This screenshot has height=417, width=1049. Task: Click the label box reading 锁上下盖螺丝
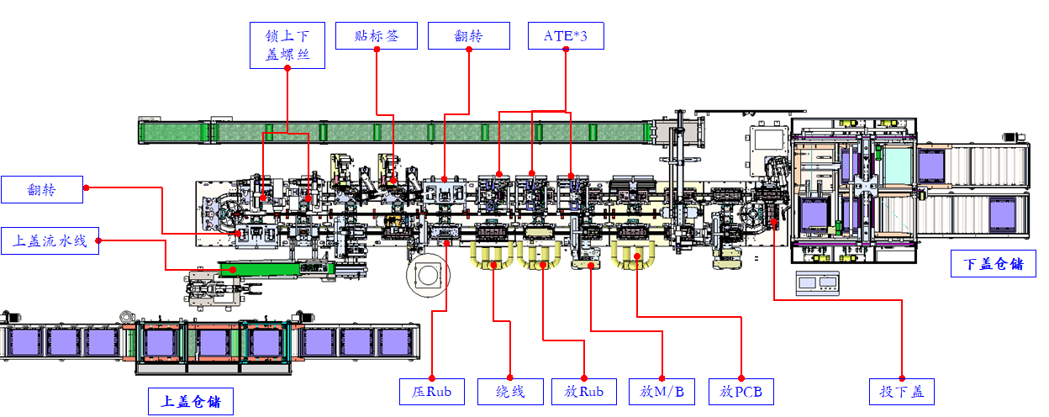pyautogui.click(x=287, y=45)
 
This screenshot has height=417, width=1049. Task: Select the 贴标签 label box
pyautogui.click(x=377, y=35)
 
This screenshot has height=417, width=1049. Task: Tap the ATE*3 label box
pyautogui.click(x=566, y=35)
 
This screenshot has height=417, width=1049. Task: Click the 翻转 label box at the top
pyautogui.click(x=469, y=35)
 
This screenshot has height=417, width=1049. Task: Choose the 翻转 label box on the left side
pyautogui.click(x=42, y=189)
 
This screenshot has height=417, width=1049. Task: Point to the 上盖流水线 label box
pyautogui.click(x=50, y=240)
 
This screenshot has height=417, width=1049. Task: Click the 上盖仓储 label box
pyautogui.click(x=191, y=401)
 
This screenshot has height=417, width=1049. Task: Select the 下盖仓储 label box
pyautogui.click(x=994, y=264)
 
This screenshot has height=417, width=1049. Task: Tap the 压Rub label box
pyautogui.click(x=432, y=392)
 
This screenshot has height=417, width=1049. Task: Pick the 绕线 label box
pyautogui.click(x=510, y=392)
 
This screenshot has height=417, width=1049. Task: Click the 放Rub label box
pyautogui.click(x=584, y=392)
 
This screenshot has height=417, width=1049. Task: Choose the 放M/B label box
pyautogui.click(x=662, y=392)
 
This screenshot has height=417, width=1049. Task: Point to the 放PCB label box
pyautogui.click(x=741, y=392)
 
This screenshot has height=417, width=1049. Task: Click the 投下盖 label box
pyautogui.click(x=901, y=392)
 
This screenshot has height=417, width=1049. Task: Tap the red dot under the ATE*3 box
pyautogui.click(x=566, y=50)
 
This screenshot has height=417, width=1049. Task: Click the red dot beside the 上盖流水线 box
pyautogui.click(x=98, y=240)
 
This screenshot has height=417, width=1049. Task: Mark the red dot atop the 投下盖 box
pyautogui.click(x=902, y=378)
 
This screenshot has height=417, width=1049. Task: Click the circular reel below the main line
pyautogui.click(x=428, y=276)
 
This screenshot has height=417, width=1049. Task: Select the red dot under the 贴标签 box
pyautogui.click(x=377, y=50)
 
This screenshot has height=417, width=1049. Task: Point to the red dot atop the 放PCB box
pyautogui.click(x=741, y=378)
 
